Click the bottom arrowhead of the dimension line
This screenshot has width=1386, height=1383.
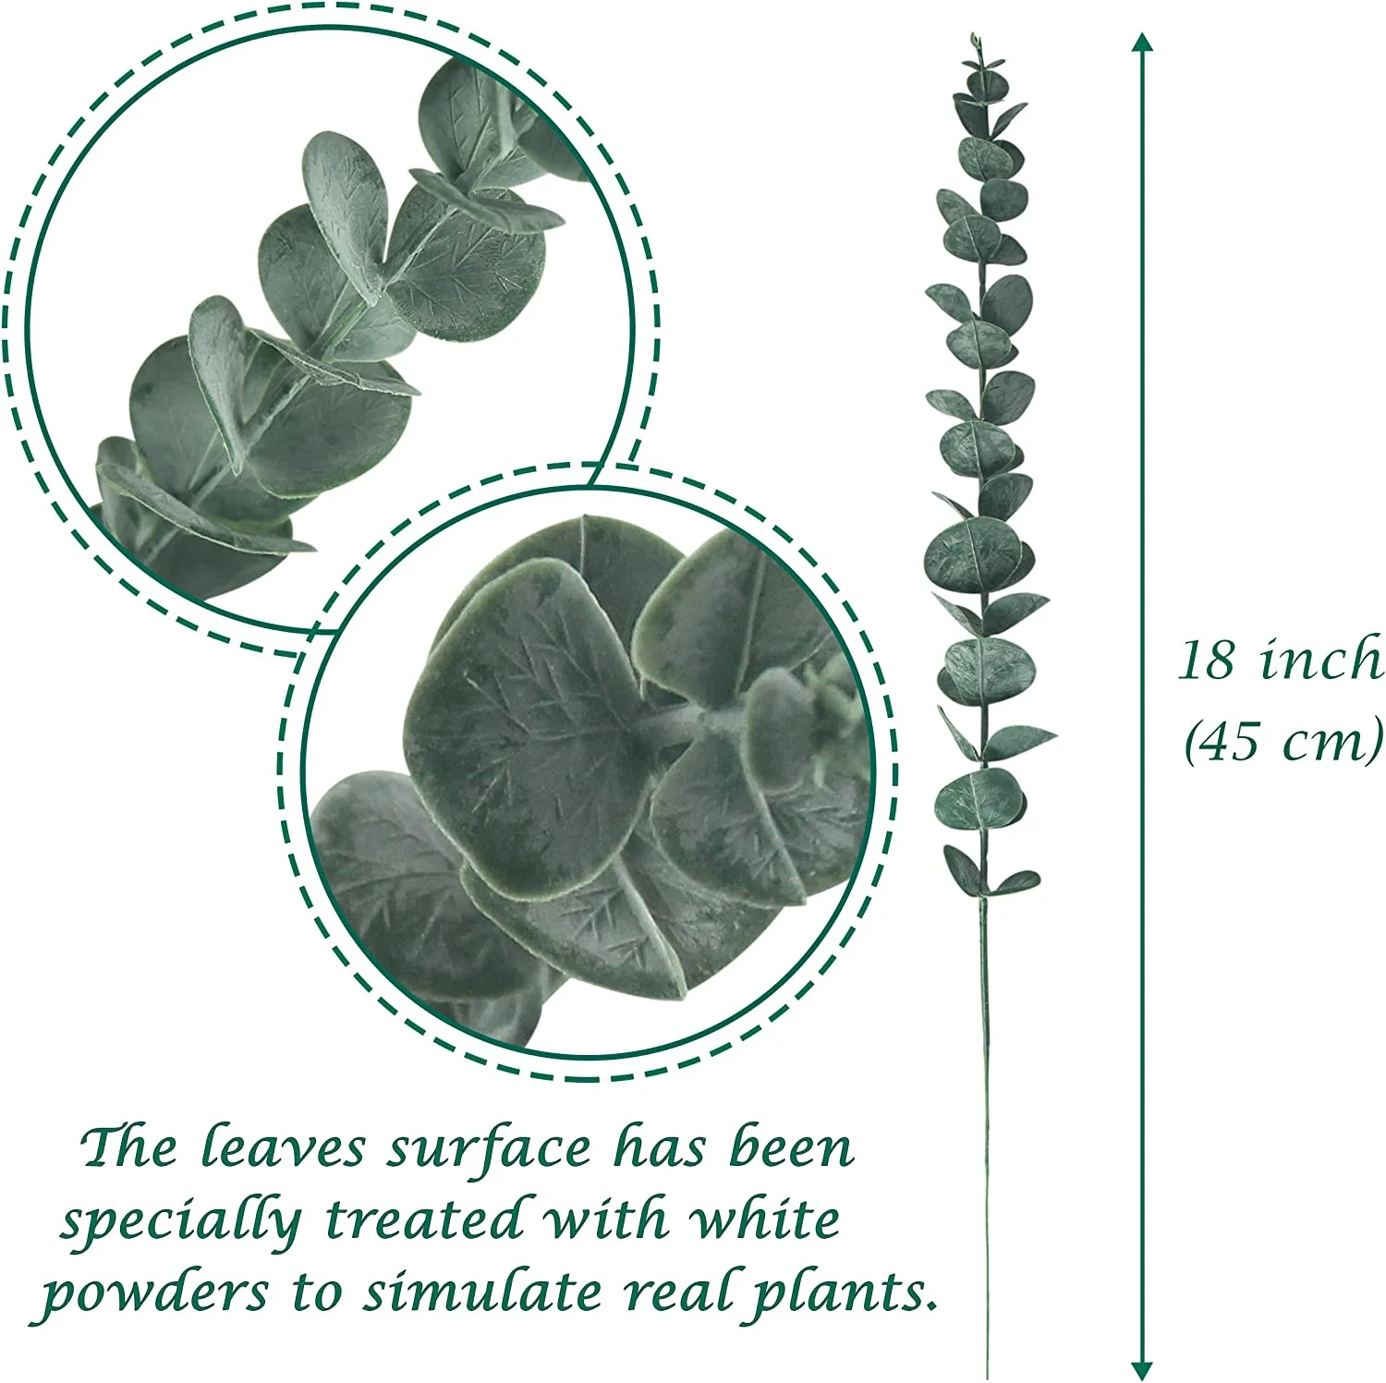coord(1143,1370)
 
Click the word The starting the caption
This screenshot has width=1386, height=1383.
coord(129,1148)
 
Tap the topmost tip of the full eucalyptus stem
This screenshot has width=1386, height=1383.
coord(974,36)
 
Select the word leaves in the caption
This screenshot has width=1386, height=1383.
coord(283,1148)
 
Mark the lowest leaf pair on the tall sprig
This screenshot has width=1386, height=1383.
coord(988,873)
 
